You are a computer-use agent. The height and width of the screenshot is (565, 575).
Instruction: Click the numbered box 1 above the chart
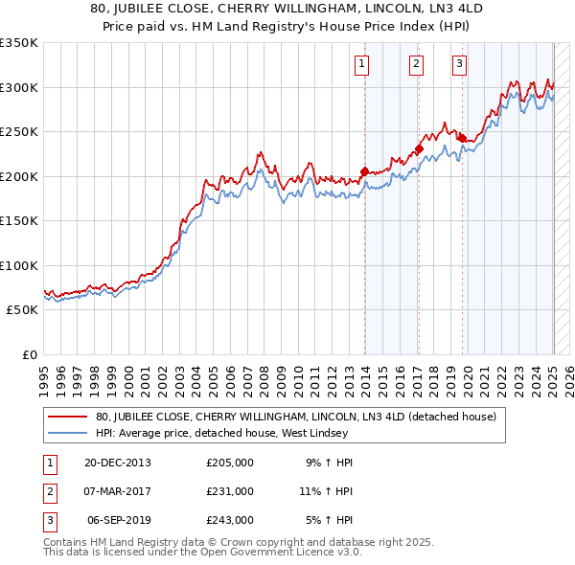click(x=362, y=64)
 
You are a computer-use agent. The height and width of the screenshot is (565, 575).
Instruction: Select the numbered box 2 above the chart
click(x=417, y=64)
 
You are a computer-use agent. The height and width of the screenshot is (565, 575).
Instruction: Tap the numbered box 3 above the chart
click(x=460, y=64)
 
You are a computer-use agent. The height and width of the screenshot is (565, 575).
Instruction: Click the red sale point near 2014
click(x=365, y=171)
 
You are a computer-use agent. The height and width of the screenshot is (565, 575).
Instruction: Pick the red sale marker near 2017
click(x=419, y=148)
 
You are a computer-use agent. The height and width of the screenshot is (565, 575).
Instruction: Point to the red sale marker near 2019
click(x=462, y=138)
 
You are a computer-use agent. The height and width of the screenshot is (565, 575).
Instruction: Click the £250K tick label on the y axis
click(x=19, y=132)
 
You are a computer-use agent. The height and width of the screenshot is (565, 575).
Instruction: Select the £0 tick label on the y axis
click(x=28, y=355)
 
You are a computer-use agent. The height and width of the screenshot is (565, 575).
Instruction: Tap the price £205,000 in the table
click(x=230, y=463)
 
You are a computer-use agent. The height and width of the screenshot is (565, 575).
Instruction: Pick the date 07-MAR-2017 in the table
click(x=118, y=491)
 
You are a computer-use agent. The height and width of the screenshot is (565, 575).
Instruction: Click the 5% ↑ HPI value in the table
click(x=329, y=520)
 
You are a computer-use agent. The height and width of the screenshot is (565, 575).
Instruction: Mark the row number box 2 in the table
click(x=49, y=491)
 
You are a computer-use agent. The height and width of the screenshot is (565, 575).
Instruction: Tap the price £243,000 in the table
click(x=230, y=520)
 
